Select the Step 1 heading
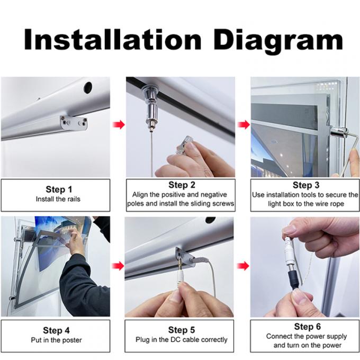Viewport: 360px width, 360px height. [55, 190]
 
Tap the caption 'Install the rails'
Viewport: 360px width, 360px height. [55, 200]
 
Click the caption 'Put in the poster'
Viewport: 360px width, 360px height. [55, 340]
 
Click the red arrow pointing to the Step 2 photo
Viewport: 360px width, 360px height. [119, 125]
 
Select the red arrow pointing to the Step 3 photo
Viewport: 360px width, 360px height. [243, 125]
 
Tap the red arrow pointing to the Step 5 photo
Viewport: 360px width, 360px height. [119, 265]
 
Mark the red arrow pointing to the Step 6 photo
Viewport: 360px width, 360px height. [243, 265]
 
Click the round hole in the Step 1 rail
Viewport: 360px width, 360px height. [87, 87]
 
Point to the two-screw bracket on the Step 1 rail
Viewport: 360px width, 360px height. [73, 123]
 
